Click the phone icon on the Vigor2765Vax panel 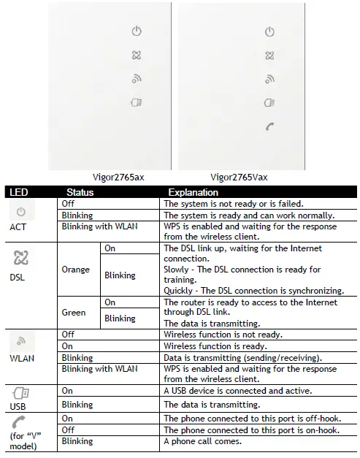(x=269, y=126)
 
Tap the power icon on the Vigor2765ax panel (x=135, y=31)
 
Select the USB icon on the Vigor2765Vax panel (x=269, y=103)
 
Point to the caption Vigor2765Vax (x=238, y=177)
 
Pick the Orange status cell (x=75, y=270)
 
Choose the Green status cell (x=74, y=313)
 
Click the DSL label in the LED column (x=19, y=278)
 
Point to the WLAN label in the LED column (x=21, y=359)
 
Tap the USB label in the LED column (x=20, y=405)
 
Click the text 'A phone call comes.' (x=200, y=442)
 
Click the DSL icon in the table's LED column (x=21, y=258)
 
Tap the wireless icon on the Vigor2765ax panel (x=135, y=79)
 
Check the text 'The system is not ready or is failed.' (x=229, y=204)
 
